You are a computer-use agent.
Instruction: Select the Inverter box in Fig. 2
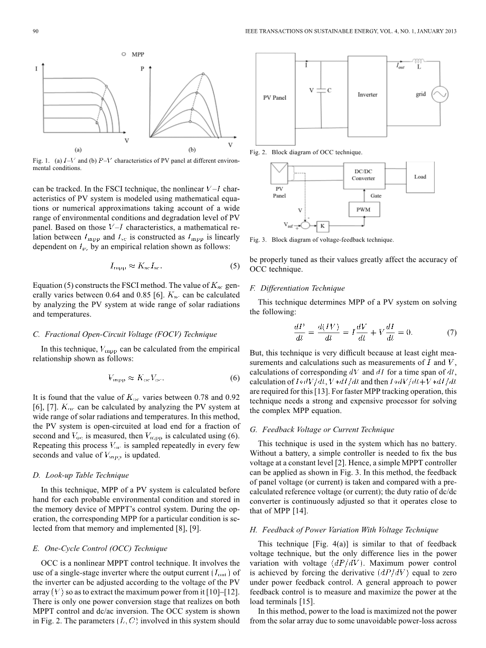click(x=368, y=95)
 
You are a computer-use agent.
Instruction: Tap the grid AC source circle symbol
click(x=440, y=95)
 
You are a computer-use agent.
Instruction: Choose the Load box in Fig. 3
click(x=420, y=176)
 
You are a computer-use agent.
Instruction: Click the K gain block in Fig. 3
click(x=322, y=227)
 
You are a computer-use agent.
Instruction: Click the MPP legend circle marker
click(x=124, y=54)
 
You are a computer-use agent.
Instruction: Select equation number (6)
click(x=235, y=378)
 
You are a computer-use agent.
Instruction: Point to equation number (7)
click(x=452, y=333)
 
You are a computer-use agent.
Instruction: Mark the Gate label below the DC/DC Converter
click(x=376, y=195)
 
